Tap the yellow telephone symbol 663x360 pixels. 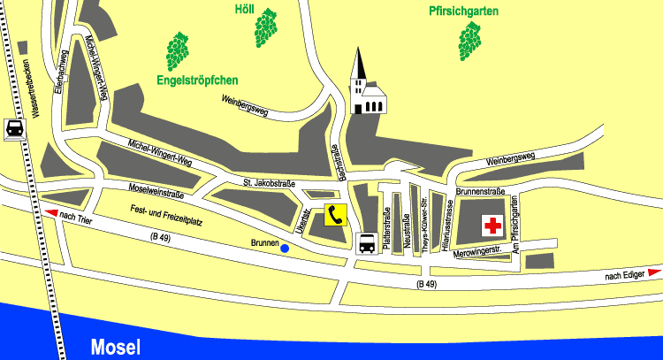pyautogui.click(x=335, y=214)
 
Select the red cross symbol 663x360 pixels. pyautogui.click(x=492, y=226)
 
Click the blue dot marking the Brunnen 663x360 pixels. pyautogui.click(x=285, y=249)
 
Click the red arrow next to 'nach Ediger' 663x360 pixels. pyautogui.click(x=654, y=274)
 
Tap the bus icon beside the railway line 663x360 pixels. pyautogui.click(x=15, y=128)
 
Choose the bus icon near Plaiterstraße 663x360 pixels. pyautogui.click(x=366, y=242)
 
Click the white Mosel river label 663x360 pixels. pyautogui.click(x=115, y=347)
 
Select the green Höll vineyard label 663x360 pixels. pyautogui.click(x=243, y=10)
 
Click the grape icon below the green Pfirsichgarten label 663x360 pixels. pyautogui.click(x=470, y=41)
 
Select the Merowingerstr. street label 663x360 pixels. pyautogui.click(x=477, y=253)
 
